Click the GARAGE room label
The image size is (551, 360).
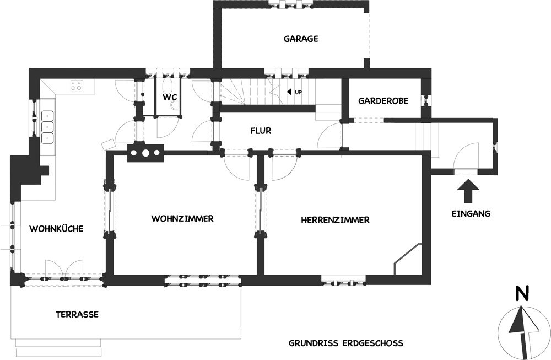tap(301, 39)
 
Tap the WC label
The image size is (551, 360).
tap(169, 97)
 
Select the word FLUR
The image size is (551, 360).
tap(261, 131)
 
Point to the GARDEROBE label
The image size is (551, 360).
tap(383, 101)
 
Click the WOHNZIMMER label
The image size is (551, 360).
tap(182, 219)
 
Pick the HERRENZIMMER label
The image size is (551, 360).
tap(335, 220)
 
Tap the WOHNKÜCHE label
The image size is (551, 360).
tap(56, 229)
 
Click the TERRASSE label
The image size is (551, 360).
tap(77, 314)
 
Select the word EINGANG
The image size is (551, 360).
tap(471, 213)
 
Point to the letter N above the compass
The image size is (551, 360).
tap(522, 294)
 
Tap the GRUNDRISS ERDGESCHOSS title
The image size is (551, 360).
tap(346, 343)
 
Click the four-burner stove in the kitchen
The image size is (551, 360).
tap(77, 85)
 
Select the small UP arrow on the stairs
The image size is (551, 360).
tap(289, 92)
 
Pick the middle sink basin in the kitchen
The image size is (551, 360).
tap(47, 127)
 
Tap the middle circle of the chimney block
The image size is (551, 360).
tap(145, 153)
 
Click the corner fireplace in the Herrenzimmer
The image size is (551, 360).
tap(407, 259)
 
